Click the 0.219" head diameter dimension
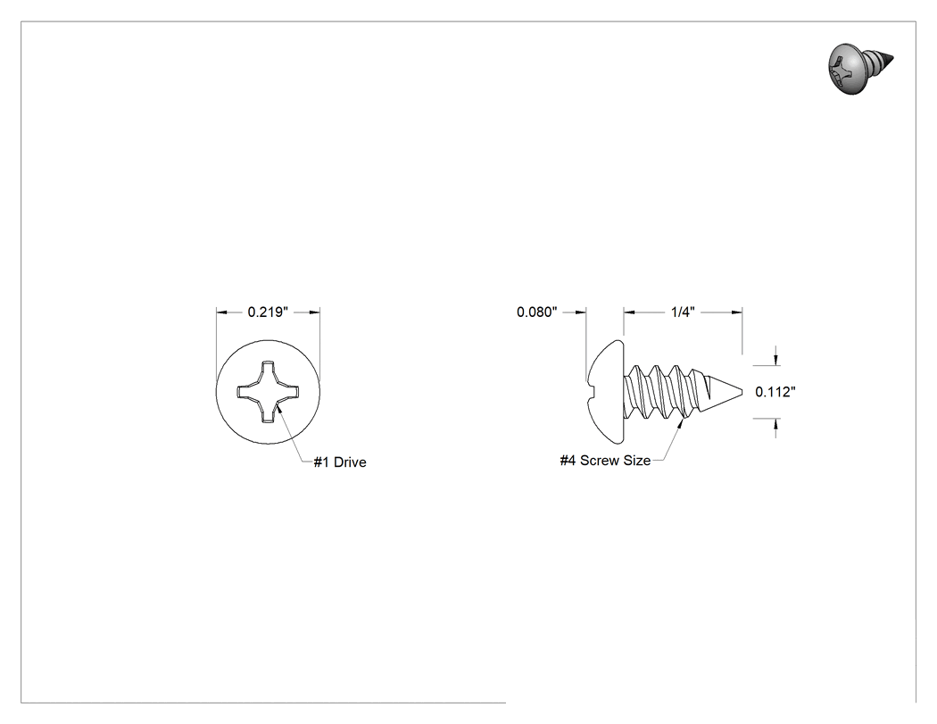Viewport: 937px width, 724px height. point(268,312)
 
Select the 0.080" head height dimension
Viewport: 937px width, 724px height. point(536,312)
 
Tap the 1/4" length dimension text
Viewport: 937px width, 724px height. point(683,312)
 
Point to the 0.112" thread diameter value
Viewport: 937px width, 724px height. point(775,392)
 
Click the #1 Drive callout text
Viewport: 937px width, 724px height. point(340,462)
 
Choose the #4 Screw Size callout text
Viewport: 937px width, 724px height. point(605,461)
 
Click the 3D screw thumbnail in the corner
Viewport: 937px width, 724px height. point(861,68)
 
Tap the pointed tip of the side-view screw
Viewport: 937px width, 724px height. point(742,392)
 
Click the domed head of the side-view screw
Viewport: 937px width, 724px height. point(606,392)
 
